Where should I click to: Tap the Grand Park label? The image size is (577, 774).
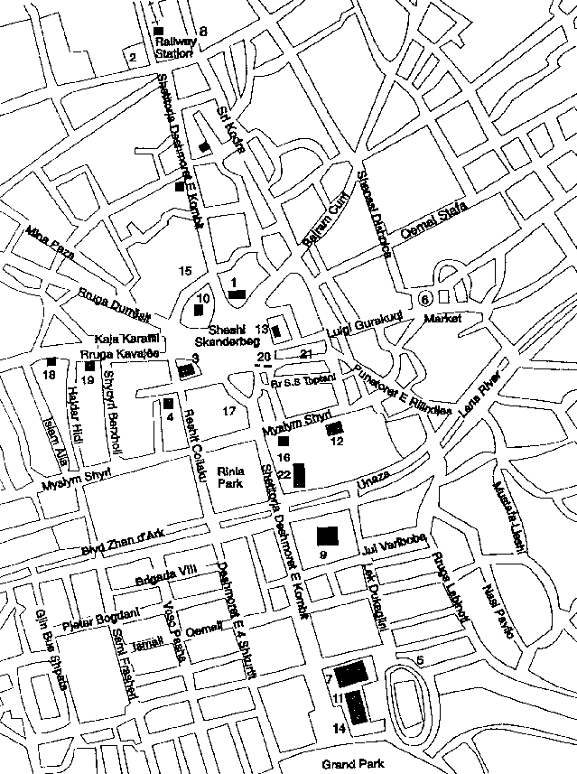tap(355, 765)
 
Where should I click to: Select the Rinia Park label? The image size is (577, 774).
tap(231, 476)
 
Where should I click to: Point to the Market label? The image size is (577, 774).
tap(443, 318)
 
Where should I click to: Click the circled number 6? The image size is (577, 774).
tap(425, 299)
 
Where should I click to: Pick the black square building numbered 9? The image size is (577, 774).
tap(327, 534)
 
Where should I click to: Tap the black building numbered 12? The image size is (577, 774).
tap(335, 427)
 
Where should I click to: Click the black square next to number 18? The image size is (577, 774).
tap(51, 362)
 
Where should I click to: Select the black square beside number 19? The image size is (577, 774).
tap(88, 366)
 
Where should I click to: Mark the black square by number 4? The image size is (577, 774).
tap(168, 403)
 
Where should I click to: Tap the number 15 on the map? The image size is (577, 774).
tap(185, 271)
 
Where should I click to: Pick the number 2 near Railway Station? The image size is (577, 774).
tap(133, 59)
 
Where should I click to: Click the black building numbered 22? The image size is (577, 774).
tap(300, 474)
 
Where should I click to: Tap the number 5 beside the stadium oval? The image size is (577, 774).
tap(420, 660)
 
